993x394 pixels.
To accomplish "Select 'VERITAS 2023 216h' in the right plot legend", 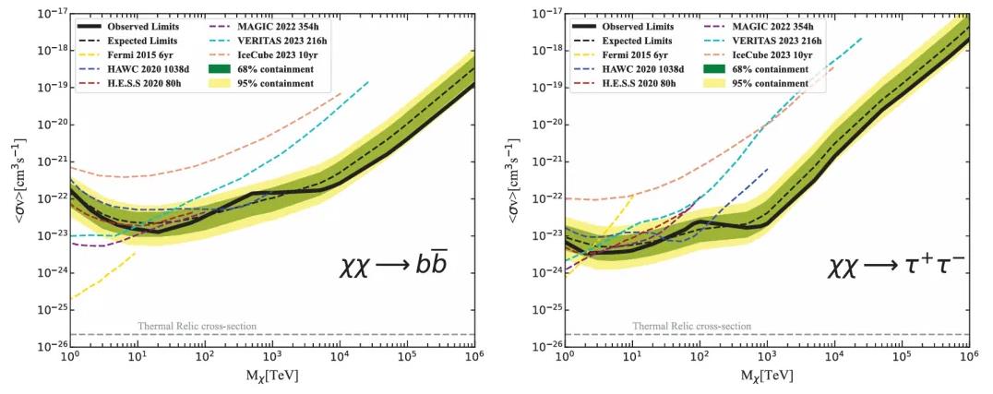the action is tap(764, 42).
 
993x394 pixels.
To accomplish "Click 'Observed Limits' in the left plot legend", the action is tap(138, 28).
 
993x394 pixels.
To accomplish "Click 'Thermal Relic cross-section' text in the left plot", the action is tap(197, 327).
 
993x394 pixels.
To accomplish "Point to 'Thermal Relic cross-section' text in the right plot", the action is tap(691, 327).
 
